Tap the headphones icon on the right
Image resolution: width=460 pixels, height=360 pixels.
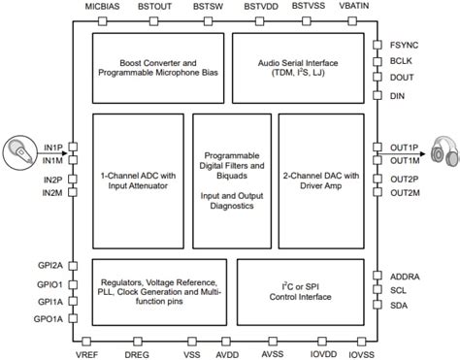(442, 153)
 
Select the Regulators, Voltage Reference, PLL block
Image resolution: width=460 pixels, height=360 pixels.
(155, 288)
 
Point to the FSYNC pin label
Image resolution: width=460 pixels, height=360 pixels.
(404, 44)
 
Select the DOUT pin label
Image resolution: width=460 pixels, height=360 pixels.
(402, 78)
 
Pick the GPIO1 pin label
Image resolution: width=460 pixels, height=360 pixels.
(50, 284)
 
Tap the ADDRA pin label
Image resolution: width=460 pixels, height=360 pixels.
(406, 277)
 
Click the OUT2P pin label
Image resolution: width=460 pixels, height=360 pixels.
(405, 179)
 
